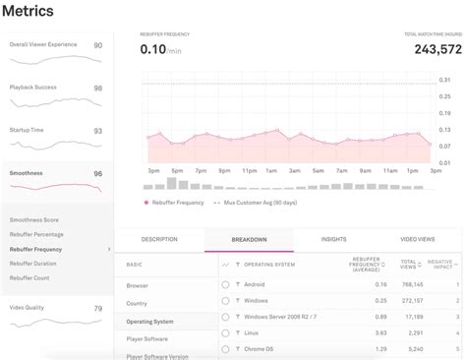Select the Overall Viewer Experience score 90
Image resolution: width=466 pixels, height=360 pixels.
point(97,45)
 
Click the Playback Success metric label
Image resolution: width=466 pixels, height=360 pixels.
point(32,87)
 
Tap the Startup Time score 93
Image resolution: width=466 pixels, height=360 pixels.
point(97,131)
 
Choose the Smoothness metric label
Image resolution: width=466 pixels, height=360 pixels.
point(26,172)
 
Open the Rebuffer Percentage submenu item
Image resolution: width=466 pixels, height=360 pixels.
point(36,234)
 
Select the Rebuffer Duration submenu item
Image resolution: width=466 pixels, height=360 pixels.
point(33,263)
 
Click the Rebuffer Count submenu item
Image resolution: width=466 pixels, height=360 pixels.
point(30,277)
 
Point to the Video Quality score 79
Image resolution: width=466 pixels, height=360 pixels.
point(97,309)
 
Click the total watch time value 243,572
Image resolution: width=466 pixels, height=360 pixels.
point(437,49)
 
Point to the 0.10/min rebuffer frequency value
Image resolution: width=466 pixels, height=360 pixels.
point(161,49)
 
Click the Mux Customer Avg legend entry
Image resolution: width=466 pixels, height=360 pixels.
point(260,203)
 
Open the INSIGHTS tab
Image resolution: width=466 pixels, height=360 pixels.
point(333,239)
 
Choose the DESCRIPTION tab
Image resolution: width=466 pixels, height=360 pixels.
point(159,239)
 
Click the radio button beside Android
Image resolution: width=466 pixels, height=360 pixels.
point(225,284)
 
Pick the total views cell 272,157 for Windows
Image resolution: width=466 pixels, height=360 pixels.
point(412,300)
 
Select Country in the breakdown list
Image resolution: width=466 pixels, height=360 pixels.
point(137,303)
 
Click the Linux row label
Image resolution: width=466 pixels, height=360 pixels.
point(253,332)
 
